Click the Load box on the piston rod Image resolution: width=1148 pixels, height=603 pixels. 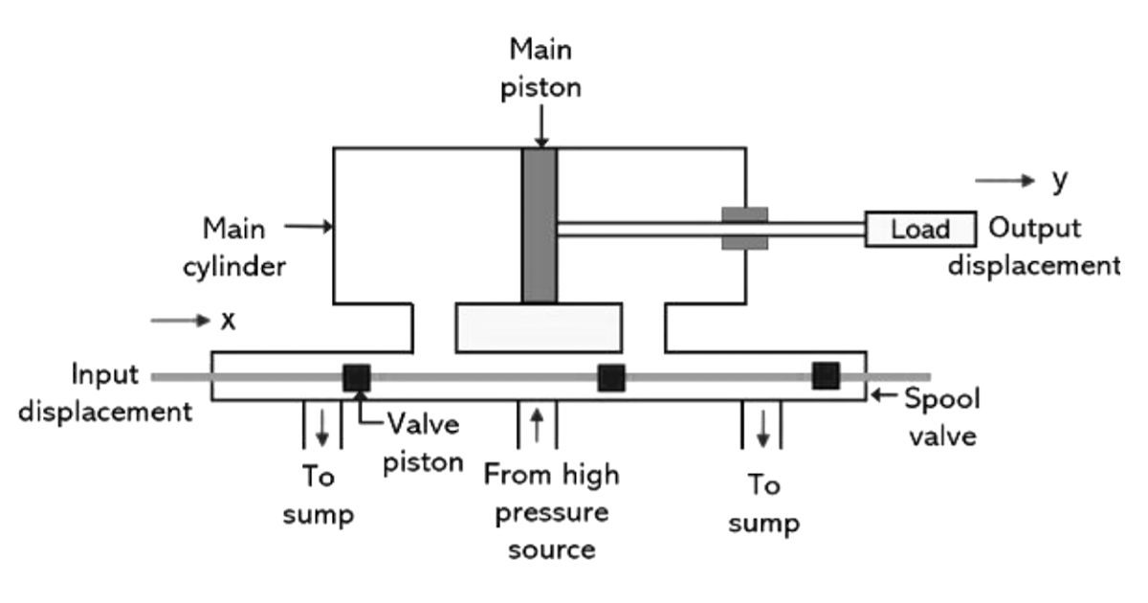click(x=920, y=230)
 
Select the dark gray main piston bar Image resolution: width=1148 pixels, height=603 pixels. click(x=539, y=225)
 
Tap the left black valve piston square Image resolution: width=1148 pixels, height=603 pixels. click(x=356, y=377)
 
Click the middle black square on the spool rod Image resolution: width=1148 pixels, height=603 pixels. click(x=611, y=378)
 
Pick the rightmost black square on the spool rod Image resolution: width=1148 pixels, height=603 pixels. click(x=826, y=376)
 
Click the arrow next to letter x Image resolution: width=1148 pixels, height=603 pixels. click(x=179, y=320)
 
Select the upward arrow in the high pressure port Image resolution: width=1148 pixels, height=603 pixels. click(x=537, y=424)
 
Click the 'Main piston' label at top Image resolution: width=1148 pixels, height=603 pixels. click(x=542, y=67)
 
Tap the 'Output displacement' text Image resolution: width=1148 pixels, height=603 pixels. click(x=1034, y=246)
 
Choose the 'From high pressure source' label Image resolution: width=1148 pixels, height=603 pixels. click(x=551, y=511)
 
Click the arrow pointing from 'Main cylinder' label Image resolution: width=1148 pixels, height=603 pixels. click(x=309, y=227)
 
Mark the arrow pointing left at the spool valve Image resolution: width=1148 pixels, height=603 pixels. click(x=885, y=394)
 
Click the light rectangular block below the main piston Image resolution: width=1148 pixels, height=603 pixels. click(x=539, y=327)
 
